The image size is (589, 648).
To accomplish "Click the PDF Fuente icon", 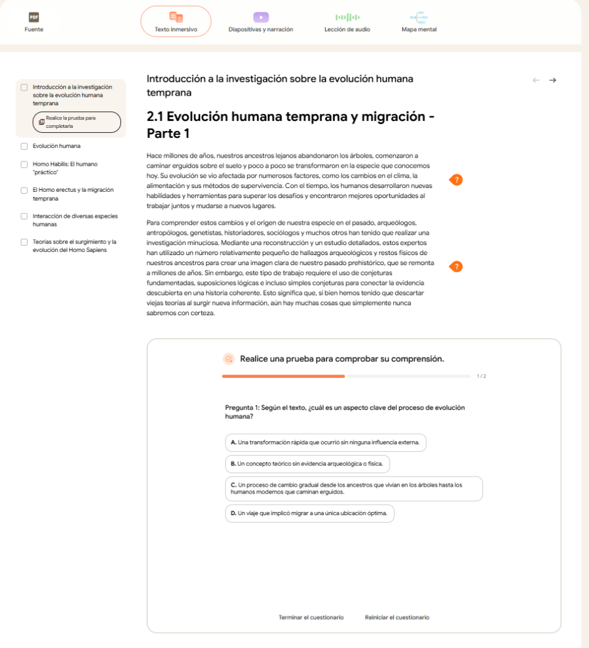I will pyautogui.click(x=34, y=17).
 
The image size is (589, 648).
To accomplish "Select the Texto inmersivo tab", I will pyautogui.click(x=175, y=22).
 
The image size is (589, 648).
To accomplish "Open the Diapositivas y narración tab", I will pyautogui.click(x=260, y=22).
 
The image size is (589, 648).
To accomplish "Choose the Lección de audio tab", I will pyautogui.click(x=347, y=22).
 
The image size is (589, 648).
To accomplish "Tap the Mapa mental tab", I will pyautogui.click(x=419, y=22).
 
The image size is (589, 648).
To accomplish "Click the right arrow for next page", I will pyautogui.click(x=553, y=80).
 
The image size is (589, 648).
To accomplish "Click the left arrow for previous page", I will pyautogui.click(x=536, y=80).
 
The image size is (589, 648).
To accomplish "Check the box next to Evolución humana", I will pyautogui.click(x=24, y=146).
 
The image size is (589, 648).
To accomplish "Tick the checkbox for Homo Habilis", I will pyautogui.click(x=24, y=164).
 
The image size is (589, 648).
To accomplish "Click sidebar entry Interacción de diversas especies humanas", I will pyautogui.click(x=75, y=220).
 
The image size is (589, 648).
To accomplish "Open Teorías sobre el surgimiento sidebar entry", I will pyautogui.click(x=74, y=246).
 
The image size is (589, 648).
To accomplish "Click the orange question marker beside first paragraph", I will pyautogui.click(x=457, y=180).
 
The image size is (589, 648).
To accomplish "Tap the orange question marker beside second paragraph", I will pyautogui.click(x=457, y=266).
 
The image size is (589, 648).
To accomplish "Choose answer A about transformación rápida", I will pyautogui.click(x=326, y=442).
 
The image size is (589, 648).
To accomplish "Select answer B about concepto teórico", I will pyautogui.click(x=307, y=464).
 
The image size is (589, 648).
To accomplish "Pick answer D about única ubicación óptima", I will pyautogui.click(x=309, y=513).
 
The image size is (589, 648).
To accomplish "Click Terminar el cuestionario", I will pyautogui.click(x=311, y=617).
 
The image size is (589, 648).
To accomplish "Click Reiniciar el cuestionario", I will pyautogui.click(x=396, y=617).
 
